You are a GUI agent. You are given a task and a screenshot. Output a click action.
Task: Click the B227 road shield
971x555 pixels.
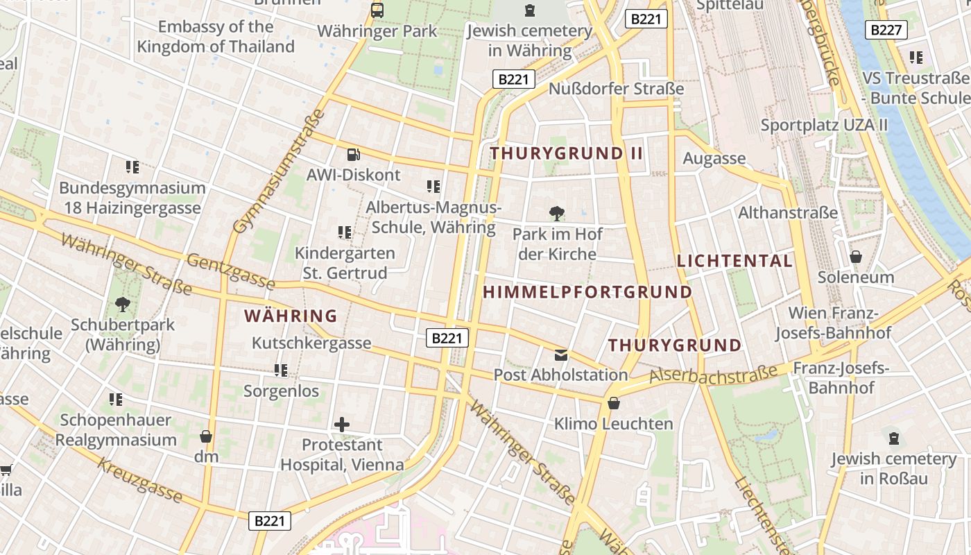click(x=886, y=30)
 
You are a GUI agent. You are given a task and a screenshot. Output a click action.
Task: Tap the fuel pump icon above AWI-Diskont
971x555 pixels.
click(x=353, y=155)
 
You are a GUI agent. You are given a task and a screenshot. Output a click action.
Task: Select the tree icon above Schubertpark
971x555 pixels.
click(x=123, y=304)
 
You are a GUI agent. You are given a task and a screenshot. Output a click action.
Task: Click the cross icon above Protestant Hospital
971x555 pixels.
click(x=342, y=425)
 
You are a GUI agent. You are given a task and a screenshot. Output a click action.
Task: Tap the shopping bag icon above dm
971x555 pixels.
click(x=206, y=436)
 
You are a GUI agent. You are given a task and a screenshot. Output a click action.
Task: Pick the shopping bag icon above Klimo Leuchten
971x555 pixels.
click(x=613, y=403)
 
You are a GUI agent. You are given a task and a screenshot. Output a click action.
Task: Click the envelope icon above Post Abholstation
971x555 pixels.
click(x=560, y=355)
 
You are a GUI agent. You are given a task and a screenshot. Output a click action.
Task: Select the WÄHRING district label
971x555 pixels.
click(x=291, y=316)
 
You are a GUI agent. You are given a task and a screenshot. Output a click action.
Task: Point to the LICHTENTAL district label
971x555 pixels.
click(x=734, y=262)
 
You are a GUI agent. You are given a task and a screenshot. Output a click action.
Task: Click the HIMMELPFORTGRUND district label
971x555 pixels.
click(x=587, y=292)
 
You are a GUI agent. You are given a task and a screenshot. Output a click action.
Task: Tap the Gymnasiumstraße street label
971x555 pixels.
click(x=279, y=171)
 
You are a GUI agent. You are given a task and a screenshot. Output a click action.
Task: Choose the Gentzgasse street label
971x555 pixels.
click(x=231, y=271)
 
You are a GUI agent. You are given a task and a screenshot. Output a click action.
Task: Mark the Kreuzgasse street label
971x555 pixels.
click(x=139, y=480)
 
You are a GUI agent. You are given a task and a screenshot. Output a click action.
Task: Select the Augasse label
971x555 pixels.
click(x=714, y=159)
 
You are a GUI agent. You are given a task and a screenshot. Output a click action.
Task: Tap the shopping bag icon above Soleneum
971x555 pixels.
click(x=856, y=257)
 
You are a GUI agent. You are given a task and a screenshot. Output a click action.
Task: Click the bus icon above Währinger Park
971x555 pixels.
click(x=377, y=10)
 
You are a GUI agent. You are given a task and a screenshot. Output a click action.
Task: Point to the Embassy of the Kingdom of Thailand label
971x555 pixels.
click(x=216, y=37)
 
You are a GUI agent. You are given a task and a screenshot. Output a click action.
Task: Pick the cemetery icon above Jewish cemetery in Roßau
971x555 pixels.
click(x=894, y=438)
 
